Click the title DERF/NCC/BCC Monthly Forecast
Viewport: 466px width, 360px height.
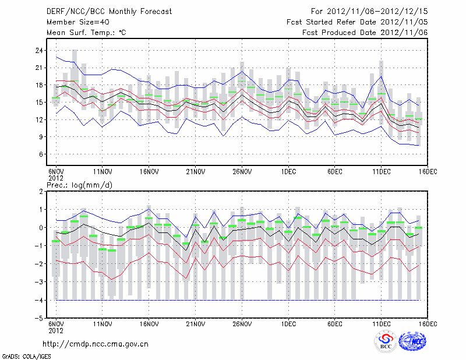click(x=110, y=11)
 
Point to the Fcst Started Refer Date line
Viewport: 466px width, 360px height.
click(x=358, y=22)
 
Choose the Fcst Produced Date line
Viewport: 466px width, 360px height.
click(x=365, y=33)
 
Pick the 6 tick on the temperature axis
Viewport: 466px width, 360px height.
click(x=42, y=154)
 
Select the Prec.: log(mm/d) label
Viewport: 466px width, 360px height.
click(x=79, y=185)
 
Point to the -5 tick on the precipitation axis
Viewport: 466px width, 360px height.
click(x=40, y=319)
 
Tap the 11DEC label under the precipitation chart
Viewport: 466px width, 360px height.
click(x=382, y=324)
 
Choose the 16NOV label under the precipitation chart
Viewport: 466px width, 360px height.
click(x=149, y=324)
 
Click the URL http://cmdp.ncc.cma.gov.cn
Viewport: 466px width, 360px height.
click(x=96, y=344)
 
